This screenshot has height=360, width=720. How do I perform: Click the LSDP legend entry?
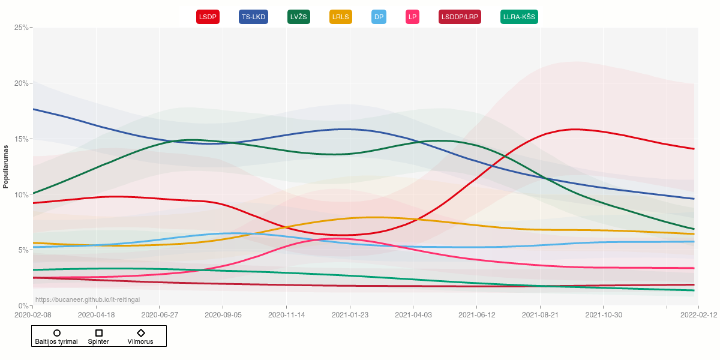coord(208,17)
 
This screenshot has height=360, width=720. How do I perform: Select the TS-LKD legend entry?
coord(253,17)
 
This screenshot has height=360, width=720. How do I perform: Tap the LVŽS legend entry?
coord(299,17)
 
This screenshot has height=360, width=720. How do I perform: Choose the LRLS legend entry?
coord(341,17)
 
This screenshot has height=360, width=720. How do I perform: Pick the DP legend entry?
coord(379,17)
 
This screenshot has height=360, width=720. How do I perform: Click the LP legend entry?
coord(412,17)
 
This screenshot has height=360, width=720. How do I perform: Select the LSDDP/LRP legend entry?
coord(460,17)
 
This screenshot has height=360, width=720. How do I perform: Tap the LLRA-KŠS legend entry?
coord(519,17)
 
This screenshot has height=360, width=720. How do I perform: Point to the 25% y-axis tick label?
coord(21,28)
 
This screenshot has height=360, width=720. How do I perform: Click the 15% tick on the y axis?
coord(21,139)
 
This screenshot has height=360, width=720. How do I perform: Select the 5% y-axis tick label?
coord(23,250)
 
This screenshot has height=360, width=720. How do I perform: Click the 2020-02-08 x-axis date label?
coord(33,314)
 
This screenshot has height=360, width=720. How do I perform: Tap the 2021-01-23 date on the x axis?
coord(349,314)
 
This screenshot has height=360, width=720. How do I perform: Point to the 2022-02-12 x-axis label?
coord(698,314)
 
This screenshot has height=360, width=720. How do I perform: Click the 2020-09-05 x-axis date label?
coord(223,314)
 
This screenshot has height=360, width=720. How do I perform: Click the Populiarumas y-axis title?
coord(6,166)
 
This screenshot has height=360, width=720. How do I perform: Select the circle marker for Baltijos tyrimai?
coord(57,333)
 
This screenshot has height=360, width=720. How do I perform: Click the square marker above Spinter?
coord(99,333)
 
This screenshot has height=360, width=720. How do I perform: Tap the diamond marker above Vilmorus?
coord(140,333)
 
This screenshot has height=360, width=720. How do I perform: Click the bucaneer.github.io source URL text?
coord(88,299)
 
